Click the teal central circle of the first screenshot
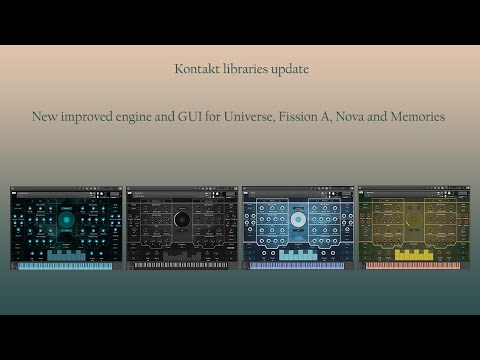tap(66, 219)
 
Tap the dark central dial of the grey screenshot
tap(182, 219)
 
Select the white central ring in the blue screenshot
tap(298, 219)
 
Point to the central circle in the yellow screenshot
tap(413, 219)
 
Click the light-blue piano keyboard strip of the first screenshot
tap(66, 266)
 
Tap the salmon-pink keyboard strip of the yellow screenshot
tap(413, 266)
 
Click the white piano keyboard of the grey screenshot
tap(182, 266)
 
